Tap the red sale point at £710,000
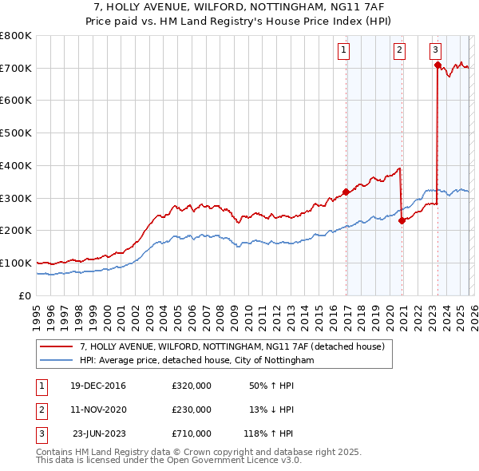pyautogui.click(x=437, y=65)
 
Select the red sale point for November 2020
pyautogui.click(x=402, y=221)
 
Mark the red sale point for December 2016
pyautogui.click(x=346, y=192)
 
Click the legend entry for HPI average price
pyautogui.click(x=196, y=361)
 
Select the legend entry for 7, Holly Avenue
pyautogui.click(x=232, y=346)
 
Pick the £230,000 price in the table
pyautogui.click(x=191, y=410)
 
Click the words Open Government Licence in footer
pyautogui.click(x=239, y=460)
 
